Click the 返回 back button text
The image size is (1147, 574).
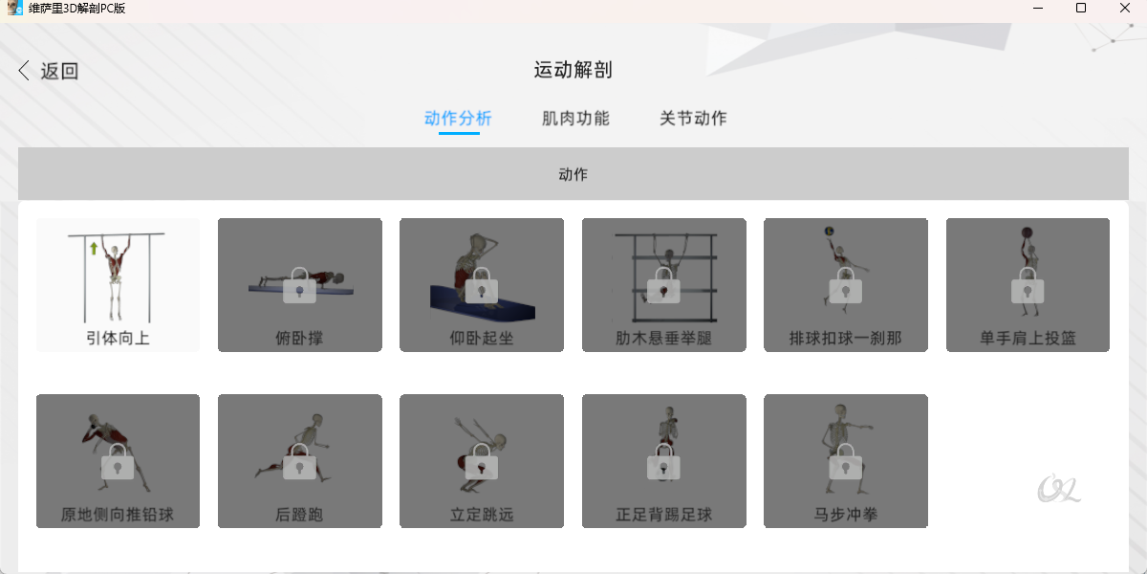[59, 71]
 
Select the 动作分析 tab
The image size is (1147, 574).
[458, 119]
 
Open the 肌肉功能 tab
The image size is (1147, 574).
[575, 119]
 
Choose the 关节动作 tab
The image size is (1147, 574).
[693, 119]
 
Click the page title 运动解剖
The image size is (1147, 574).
[573, 70]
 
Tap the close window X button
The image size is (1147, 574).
[1124, 8]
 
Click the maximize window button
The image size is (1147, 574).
[1081, 8]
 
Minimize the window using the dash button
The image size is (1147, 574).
[1038, 9]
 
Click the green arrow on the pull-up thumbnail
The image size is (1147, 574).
[94, 249]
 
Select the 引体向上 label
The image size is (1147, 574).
[118, 339]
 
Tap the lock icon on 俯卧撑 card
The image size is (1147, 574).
[299, 285]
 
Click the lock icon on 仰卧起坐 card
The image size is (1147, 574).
[482, 285]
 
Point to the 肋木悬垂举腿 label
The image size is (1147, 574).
[663, 339]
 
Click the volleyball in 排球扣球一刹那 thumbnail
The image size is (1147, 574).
[829, 232]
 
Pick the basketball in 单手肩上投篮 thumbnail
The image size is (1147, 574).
[1027, 232]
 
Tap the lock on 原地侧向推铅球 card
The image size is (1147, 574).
[118, 461]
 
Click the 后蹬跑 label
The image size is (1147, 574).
[299, 514]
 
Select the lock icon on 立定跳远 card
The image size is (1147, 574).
[482, 461]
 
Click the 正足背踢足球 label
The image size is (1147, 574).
[663, 514]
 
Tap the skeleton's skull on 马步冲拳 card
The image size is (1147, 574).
[840, 410]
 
